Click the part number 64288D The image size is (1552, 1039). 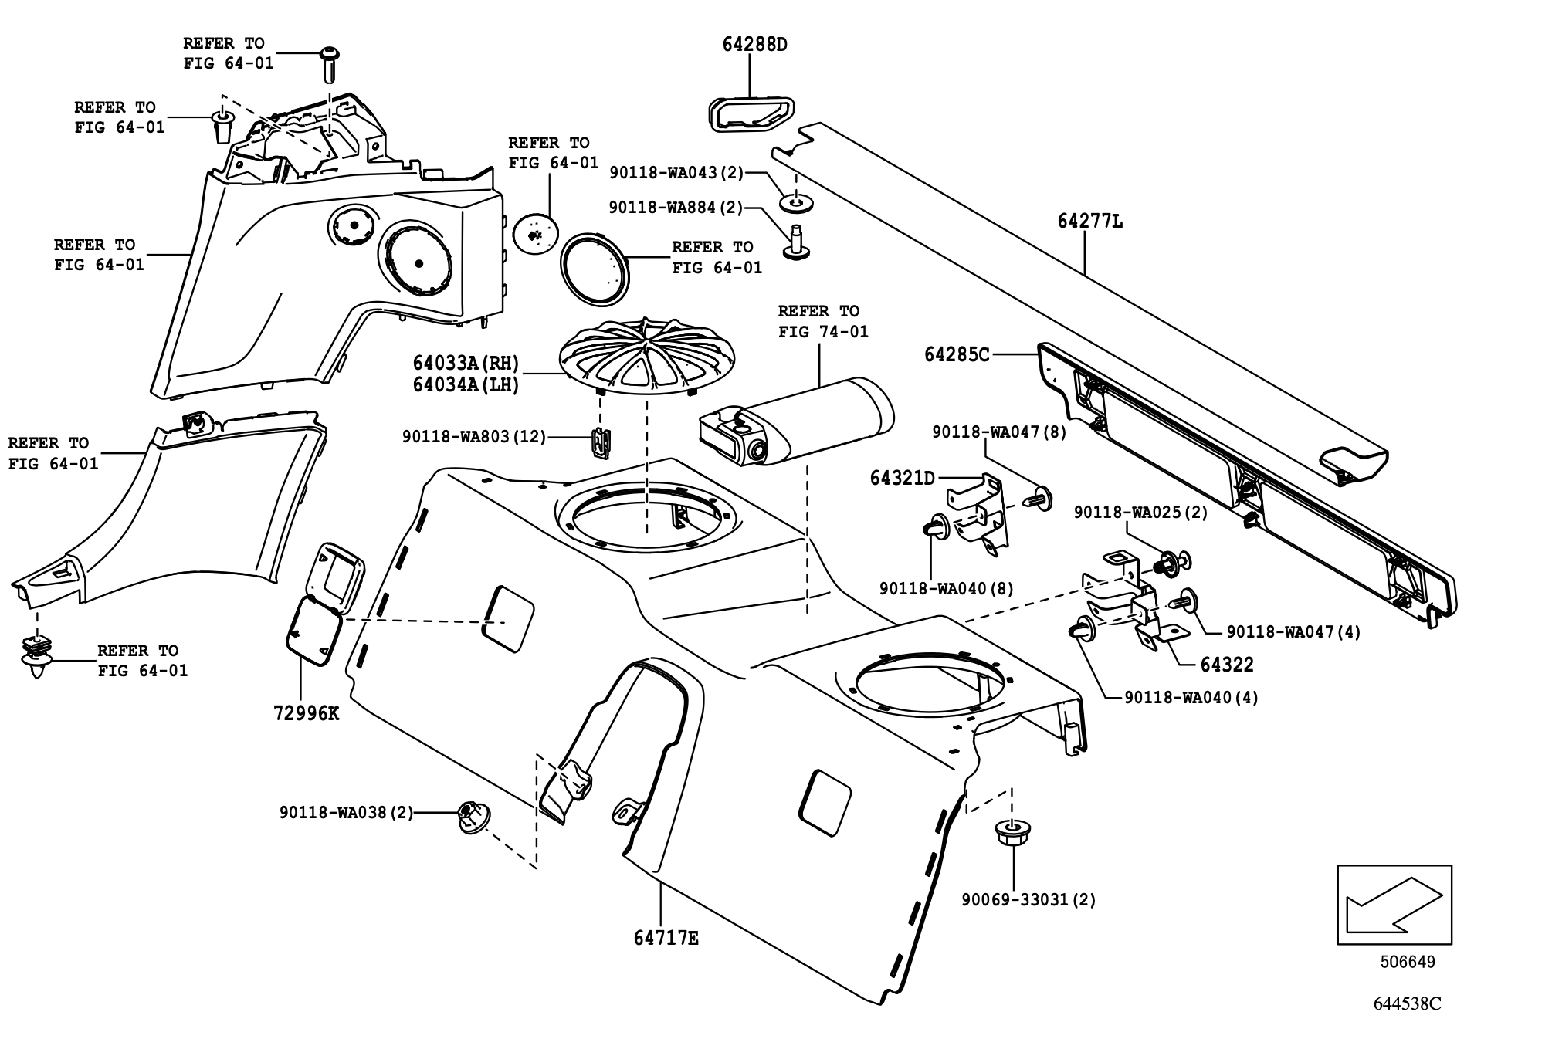point(754,45)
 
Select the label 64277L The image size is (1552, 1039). point(1089,222)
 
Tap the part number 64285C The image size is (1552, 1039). point(956,355)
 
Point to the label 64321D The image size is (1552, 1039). point(902,479)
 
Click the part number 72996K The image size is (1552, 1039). point(306,713)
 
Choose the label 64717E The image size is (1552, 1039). point(666,939)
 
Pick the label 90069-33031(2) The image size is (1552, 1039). point(1028,900)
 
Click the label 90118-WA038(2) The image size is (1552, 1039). point(346,813)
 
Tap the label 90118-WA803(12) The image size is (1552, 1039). point(473,437)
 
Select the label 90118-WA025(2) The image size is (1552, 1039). point(1140,513)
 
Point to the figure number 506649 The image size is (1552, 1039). point(1408,963)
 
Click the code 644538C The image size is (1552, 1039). point(1407,1004)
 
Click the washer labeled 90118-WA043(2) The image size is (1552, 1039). point(795,204)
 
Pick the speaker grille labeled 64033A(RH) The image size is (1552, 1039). point(647,357)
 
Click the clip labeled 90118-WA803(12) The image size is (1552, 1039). point(601,442)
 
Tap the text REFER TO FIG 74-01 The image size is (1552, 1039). point(822,321)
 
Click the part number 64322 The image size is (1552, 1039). point(1226,665)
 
